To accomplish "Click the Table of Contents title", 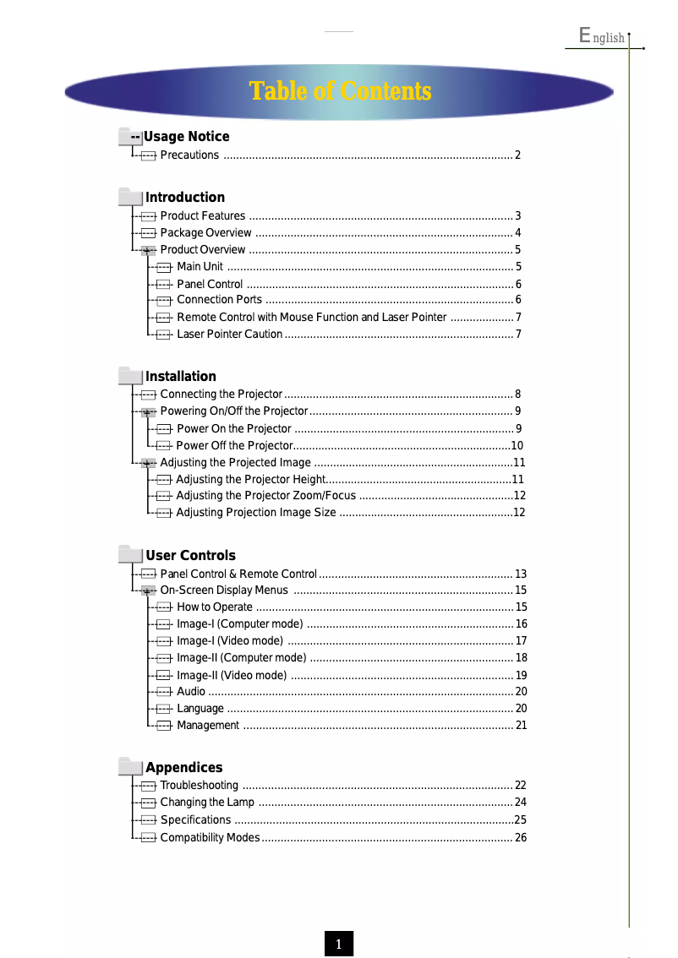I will pyautogui.click(x=340, y=91).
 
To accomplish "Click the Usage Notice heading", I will pyautogui.click(x=186, y=137).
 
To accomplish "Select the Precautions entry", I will pyautogui.click(x=189, y=155).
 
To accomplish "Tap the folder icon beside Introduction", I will pyautogui.click(x=130, y=197).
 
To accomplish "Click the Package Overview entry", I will pyautogui.click(x=205, y=233).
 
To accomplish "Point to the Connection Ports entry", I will pyautogui.click(x=219, y=300).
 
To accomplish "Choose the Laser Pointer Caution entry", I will pyautogui.click(x=229, y=335).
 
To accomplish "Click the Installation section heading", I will pyautogui.click(x=181, y=377).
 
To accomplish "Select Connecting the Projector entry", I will pyautogui.click(x=221, y=395).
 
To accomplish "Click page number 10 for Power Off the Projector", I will pyautogui.click(x=517, y=446).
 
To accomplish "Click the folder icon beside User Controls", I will pyautogui.click(x=130, y=555).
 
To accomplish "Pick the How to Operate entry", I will pyautogui.click(x=214, y=607).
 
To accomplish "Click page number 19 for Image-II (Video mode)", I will pyautogui.click(x=521, y=676).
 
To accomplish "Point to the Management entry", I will pyautogui.click(x=208, y=726).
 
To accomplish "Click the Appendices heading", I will pyautogui.click(x=183, y=768).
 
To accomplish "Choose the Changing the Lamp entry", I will pyautogui.click(x=207, y=803).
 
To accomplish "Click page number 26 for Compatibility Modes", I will pyautogui.click(x=521, y=838).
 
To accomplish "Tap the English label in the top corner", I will pyautogui.click(x=602, y=36).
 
